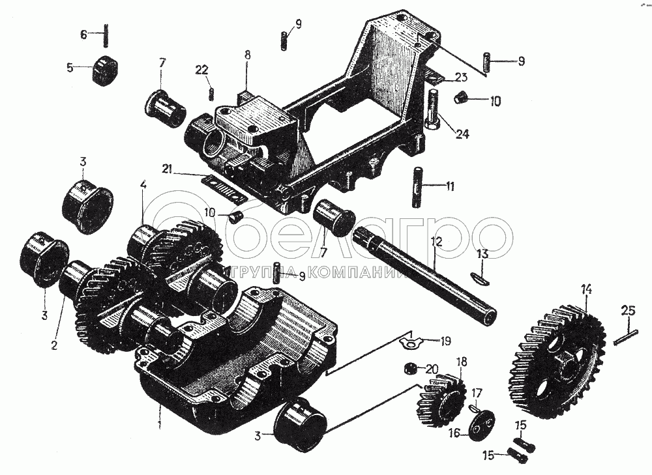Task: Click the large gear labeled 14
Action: [x=557, y=362]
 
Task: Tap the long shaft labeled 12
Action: [x=424, y=276]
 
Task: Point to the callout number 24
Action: [x=462, y=134]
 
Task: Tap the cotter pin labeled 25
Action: [x=625, y=337]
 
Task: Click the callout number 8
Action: [x=248, y=55]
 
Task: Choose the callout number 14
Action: [x=586, y=289]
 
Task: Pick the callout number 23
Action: [x=461, y=77]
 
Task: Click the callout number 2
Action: [x=54, y=345]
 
